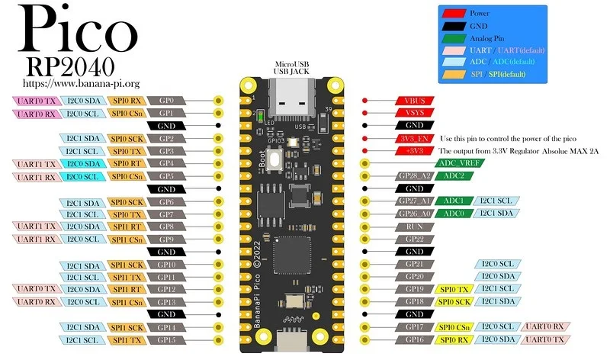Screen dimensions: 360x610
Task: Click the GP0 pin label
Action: pyautogui.click(x=166, y=101)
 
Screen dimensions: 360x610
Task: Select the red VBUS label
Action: pyautogui.click(x=415, y=101)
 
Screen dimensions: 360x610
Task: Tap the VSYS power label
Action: pyautogui.click(x=415, y=113)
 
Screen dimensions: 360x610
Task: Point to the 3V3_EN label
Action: pyautogui.click(x=415, y=139)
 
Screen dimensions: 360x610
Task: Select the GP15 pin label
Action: pyautogui.click(x=166, y=339)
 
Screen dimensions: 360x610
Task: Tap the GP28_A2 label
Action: pyautogui.click(x=415, y=176)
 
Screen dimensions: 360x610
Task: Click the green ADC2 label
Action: pyautogui.click(x=454, y=176)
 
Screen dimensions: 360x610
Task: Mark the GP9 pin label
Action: pyautogui.click(x=166, y=239)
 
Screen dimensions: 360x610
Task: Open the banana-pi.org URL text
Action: pyautogui.click(x=81, y=82)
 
